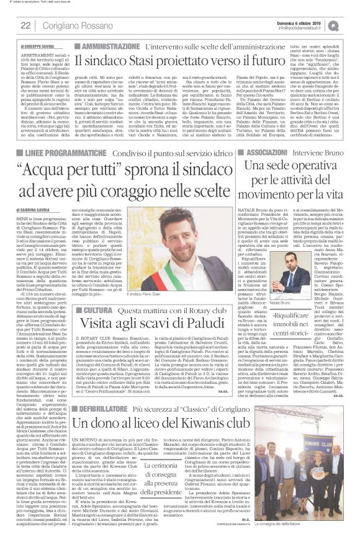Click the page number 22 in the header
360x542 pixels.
[x=25, y=25]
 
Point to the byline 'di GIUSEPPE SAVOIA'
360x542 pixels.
[x=39, y=47]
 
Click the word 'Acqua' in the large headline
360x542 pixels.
[x=57, y=170]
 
